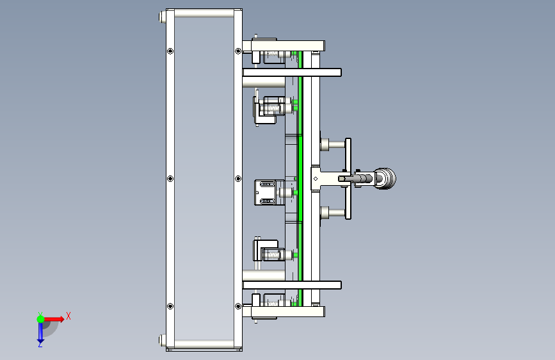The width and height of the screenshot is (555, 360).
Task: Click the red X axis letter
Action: point(68,316)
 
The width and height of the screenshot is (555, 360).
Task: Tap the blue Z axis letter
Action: point(40,344)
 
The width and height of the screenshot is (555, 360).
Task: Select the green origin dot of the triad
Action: point(41,319)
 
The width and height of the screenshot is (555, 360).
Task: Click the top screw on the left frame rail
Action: point(170,51)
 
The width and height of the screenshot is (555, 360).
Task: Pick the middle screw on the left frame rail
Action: point(170,179)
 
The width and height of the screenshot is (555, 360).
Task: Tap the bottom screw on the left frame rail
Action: point(170,306)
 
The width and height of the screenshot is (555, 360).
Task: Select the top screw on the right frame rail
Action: point(238,51)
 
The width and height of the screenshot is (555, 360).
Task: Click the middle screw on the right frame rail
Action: point(238,179)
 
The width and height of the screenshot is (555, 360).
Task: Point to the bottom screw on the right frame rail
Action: point(238,306)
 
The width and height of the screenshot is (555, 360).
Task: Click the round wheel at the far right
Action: point(385,179)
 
